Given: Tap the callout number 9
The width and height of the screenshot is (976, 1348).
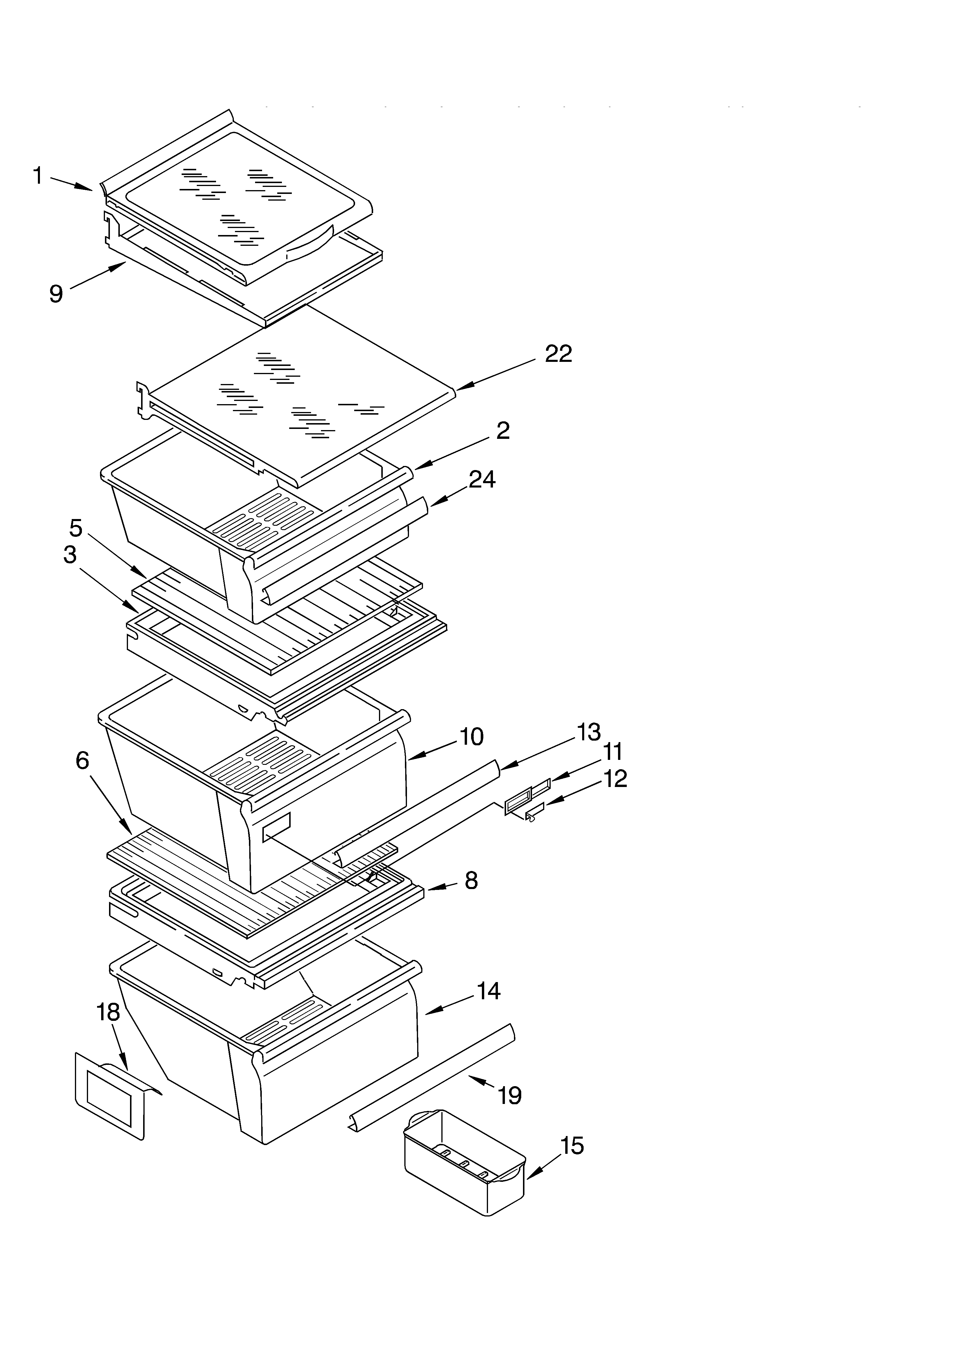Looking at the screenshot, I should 56,294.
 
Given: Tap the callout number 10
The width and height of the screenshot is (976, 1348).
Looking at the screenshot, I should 471,737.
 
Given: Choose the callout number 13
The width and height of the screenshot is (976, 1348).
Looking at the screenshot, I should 589,733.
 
